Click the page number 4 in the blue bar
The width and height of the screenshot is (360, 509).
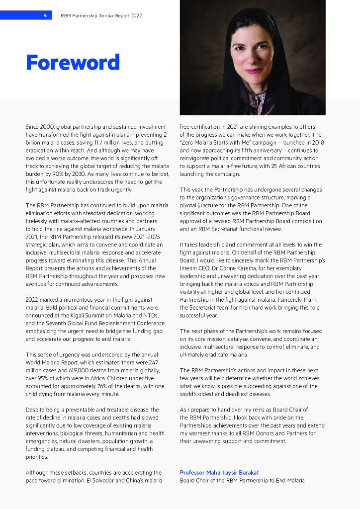(45, 15)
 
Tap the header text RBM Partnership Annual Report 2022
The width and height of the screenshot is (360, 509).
(101, 15)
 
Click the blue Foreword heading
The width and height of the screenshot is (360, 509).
(73, 63)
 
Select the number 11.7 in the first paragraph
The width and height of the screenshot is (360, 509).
(98, 143)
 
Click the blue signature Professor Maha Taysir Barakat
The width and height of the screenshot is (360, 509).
(219, 473)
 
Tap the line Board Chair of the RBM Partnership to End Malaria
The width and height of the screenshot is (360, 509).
(242, 481)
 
